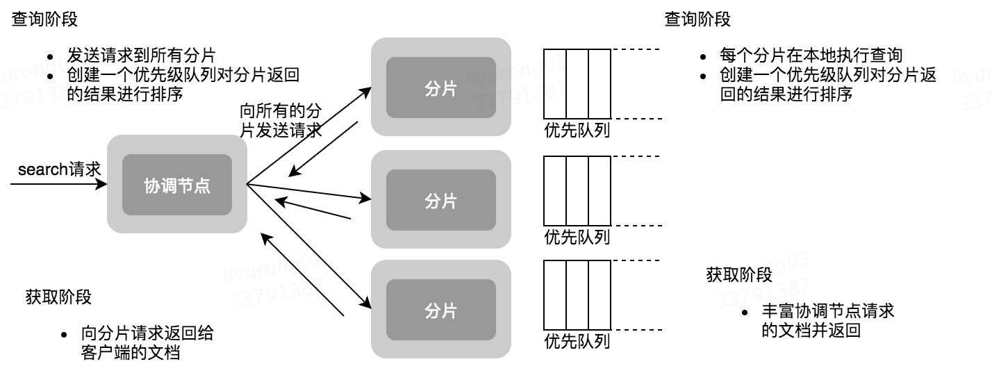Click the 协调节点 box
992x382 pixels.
tap(177, 185)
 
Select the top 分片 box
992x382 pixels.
tap(440, 88)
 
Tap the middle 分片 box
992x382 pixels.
tap(440, 200)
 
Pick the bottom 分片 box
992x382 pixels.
tap(440, 310)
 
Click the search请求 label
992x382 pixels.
tap(59, 169)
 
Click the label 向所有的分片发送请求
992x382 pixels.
tap(281, 119)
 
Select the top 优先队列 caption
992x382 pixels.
tap(577, 130)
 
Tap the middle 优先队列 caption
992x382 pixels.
tap(577, 237)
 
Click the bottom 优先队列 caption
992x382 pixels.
tap(577, 342)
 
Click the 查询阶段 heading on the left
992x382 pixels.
tap(45, 19)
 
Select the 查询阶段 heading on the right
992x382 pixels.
tap(697, 19)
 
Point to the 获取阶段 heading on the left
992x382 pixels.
tap(58, 297)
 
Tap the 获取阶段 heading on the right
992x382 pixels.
tap(739, 275)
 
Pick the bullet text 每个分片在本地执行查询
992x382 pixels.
tap(811, 56)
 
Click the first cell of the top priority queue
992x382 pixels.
tap(554, 84)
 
